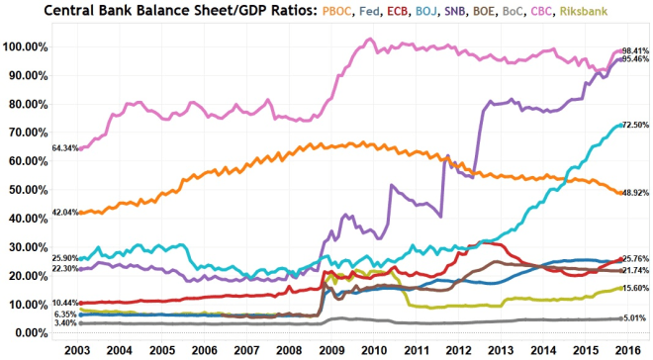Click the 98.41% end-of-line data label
634,50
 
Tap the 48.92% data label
634,193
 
